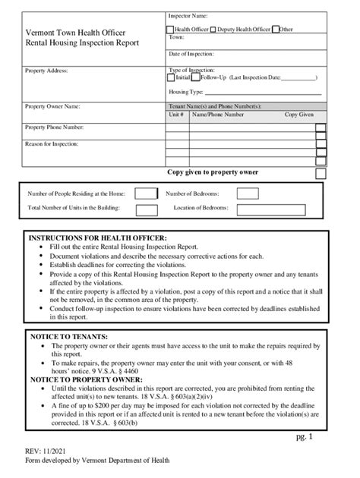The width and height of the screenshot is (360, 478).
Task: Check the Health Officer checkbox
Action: click(170, 30)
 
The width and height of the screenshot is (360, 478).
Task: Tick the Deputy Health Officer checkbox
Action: click(213, 30)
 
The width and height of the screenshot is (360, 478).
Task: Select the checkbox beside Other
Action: click(275, 30)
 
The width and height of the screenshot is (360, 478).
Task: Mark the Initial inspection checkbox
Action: click(172, 77)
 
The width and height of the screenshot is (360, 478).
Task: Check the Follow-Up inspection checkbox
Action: click(196, 77)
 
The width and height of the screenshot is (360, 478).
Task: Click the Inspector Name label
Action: click(188, 16)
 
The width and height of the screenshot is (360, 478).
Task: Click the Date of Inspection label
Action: click(191, 55)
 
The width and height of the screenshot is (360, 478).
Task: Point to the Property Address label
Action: click(47, 71)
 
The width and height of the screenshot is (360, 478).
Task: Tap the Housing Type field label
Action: click(186, 91)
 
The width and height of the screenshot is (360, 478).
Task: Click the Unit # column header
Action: click(176, 115)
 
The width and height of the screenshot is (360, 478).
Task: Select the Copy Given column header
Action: click(299, 115)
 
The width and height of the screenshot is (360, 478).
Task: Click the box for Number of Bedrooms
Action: click(247, 193)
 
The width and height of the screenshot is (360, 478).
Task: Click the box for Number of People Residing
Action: click(146, 193)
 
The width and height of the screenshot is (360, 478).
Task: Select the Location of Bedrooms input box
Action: click(247, 208)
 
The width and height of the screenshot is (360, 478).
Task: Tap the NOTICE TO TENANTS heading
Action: click(68, 335)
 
